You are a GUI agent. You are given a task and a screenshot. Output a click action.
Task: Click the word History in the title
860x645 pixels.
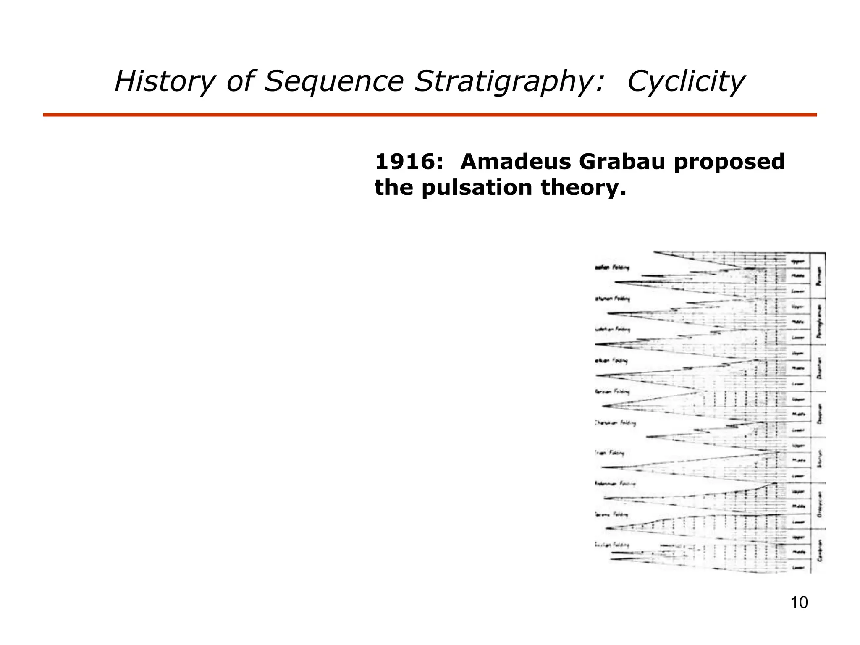click(x=163, y=81)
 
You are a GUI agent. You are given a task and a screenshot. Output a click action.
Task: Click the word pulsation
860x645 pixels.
click(x=477, y=187)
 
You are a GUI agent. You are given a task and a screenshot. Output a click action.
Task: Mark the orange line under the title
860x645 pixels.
click(x=430, y=115)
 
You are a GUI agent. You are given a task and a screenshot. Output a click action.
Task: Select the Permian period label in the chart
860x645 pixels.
click(x=818, y=276)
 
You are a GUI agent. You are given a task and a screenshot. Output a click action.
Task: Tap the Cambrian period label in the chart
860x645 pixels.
click(x=820, y=551)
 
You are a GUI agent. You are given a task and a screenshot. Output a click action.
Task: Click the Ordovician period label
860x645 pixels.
click(x=820, y=504)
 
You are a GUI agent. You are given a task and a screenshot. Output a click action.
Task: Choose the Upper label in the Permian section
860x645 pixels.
click(x=797, y=261)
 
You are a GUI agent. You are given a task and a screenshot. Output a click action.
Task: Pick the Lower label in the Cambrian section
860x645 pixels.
click(x=797, y=568)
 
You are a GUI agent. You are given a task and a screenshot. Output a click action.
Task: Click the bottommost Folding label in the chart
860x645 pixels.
click(x=612, y=545)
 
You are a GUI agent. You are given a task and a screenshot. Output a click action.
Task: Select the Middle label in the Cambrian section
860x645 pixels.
click(x=797, y=552)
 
